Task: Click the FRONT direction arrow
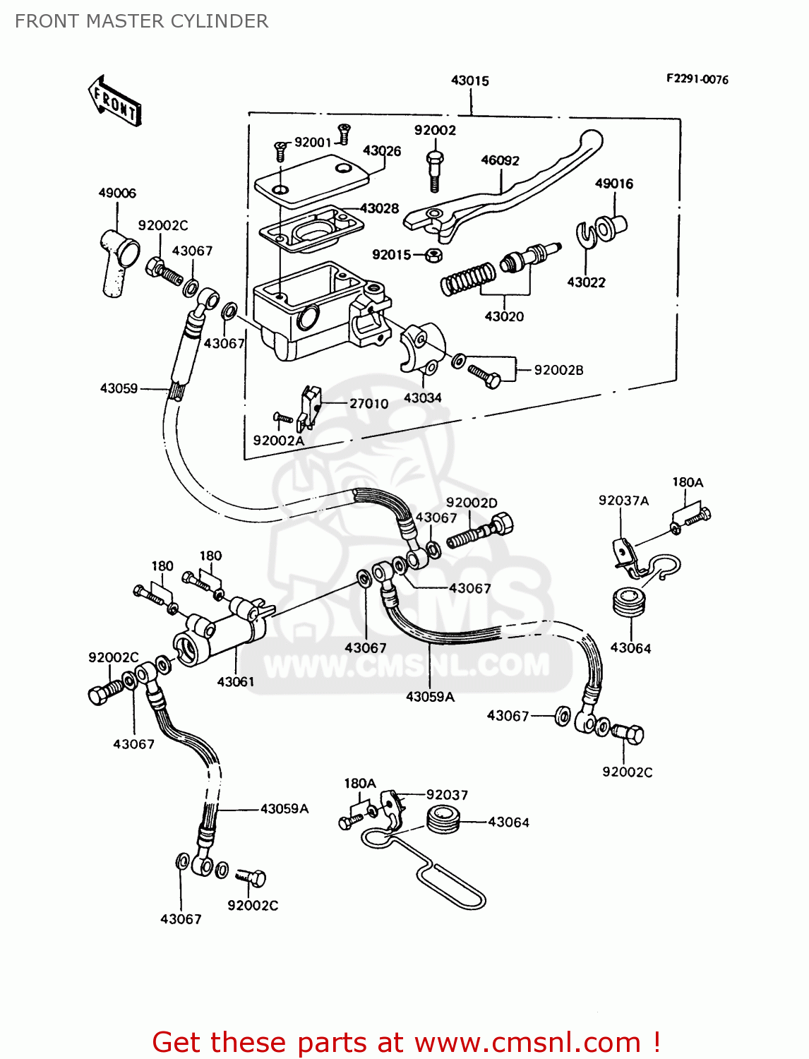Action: click(114, 101)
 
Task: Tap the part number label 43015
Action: click(470, 80)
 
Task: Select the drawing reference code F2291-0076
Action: click(697, 79)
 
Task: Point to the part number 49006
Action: click(117, 193)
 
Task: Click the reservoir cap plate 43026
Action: click(311, 177)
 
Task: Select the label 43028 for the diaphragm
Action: click(380, 208)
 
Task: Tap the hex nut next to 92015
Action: click(434, 254)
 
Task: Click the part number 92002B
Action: click(558, 370)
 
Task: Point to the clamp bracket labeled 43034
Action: click(422, 346)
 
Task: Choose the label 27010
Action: click(368, 403)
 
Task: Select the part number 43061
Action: click(235, 681)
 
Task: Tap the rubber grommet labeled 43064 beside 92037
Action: click(444, 821)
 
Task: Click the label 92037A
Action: click(623, 501)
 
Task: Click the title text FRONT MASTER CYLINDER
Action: click(142, 21)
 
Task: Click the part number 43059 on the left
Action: click(119, 388)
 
